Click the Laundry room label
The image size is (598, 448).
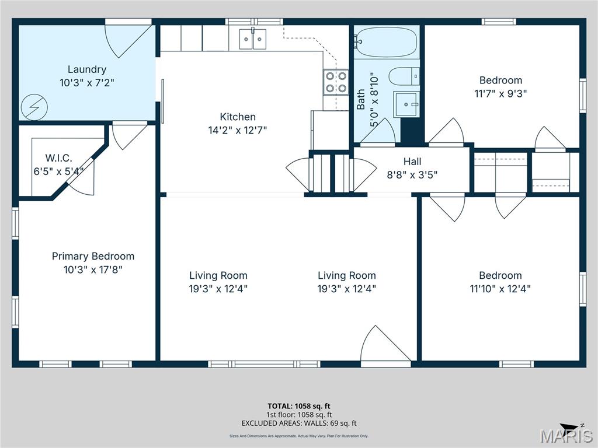[x=86, y=69]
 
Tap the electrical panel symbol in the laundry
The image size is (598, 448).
[x=30, y=106]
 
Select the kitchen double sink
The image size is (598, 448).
[x=252, y=40]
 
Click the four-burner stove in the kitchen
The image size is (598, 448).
[x=336, y=82]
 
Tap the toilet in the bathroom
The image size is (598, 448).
[x=403, y=75]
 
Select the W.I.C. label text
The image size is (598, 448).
[x=58, y=158]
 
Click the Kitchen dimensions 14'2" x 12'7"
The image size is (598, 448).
[x=238, y=130]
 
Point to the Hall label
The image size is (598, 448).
[x=412, y=161]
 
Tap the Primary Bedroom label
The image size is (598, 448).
[x=93, y=256]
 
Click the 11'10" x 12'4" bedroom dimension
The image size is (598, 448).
[x=500, y=288]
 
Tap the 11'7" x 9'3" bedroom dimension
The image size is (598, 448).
[x=500, y=93]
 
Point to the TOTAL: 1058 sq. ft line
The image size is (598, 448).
[x=299, y=406]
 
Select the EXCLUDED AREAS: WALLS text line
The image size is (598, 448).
[x=299, y=423]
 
